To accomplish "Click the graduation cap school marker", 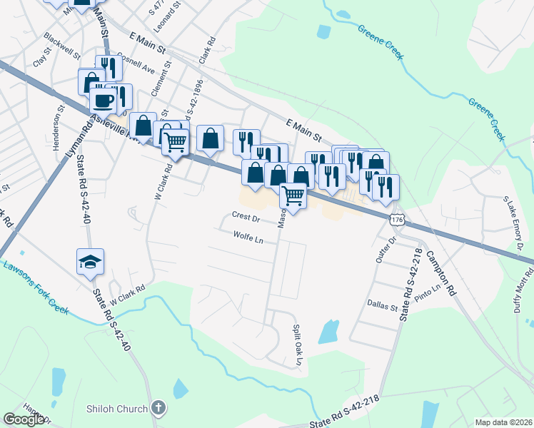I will (91, 263).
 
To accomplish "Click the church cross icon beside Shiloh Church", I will (158, 409).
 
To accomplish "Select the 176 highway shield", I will (398, 221).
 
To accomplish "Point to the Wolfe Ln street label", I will (248, 237).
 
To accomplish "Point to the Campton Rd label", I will (440, 273).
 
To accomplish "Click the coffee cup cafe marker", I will (103, 98).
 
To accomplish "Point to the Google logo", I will (24, 419).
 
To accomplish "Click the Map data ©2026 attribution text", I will (503, 422).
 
